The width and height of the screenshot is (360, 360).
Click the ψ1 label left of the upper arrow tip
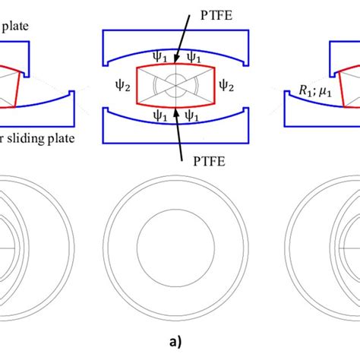158,57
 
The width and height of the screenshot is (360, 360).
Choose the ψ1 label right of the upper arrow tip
194,57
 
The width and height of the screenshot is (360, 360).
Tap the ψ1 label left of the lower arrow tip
158,118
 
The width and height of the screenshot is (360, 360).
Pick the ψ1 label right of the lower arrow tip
194,118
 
